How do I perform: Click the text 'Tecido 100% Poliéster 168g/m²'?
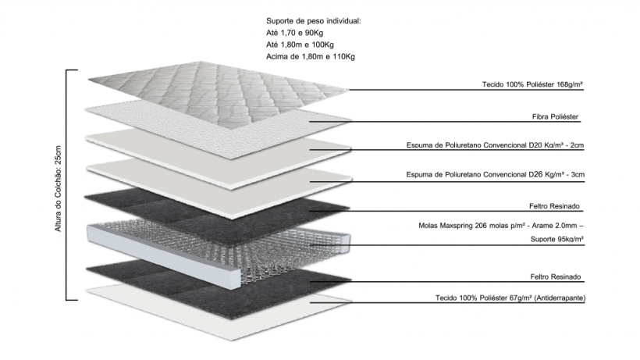[533, 84]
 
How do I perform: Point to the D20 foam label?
[496, 145]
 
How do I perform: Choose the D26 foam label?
[496, 175]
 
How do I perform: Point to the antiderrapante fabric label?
[510, 298]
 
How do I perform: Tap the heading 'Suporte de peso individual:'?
[313, 20]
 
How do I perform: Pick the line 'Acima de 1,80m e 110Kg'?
[311, 57]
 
